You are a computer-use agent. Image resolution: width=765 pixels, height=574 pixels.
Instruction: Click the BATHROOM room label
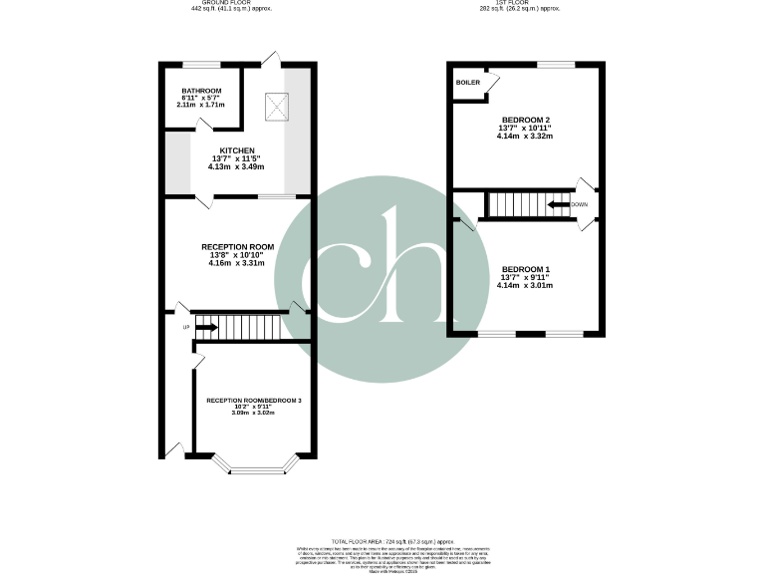tap(201, 91)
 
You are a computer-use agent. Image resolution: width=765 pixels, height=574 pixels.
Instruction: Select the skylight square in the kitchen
tap(275, 102)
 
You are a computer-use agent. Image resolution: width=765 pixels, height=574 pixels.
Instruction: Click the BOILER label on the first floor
tap(467, 83)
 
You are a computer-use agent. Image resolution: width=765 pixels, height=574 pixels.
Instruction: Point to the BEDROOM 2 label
tap(525, 120)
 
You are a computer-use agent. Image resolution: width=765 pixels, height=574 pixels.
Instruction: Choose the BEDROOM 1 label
tap(525, 270)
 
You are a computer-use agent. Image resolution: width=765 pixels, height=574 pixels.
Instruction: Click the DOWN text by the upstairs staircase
tap(580, 204)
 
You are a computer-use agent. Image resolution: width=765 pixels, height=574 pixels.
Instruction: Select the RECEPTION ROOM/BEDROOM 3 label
tap(254, 400)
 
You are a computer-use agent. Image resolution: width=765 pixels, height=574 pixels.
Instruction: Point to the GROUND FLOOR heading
tap(230, 3)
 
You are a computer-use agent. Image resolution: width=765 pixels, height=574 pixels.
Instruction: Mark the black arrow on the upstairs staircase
tap(556, 205)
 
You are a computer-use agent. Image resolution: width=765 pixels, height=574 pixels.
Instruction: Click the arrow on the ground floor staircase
tap(205, 326)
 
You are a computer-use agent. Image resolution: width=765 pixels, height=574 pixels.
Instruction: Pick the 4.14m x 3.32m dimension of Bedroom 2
tap(525, 137)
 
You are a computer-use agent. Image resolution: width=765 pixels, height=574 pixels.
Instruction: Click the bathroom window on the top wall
tap(195, 65)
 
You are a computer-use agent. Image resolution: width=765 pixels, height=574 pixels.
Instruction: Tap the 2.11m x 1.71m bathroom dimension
tap(201, 105)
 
